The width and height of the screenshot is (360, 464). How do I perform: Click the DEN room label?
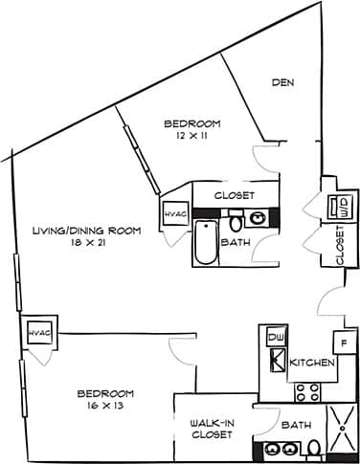(x=281, y=83)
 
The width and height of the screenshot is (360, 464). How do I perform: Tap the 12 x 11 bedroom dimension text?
(x=192, y=138)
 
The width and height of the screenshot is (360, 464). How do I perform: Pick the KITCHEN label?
(x=312, y=364)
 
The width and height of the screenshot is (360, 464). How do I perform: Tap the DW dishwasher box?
(x=275, y=339)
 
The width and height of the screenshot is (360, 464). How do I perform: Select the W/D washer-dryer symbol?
(x=340, y=206)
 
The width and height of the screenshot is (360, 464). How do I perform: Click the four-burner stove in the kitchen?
(x=305, y=390)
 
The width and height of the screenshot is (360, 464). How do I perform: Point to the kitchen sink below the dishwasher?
(x=275, y=363)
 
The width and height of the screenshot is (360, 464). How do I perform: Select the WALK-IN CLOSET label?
(x=213, y=427)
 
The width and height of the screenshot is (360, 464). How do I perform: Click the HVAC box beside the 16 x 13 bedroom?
(x=38, y=332)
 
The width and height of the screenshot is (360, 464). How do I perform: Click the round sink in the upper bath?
(x=259, y=218)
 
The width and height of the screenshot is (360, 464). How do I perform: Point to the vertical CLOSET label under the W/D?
(x=340, y=246)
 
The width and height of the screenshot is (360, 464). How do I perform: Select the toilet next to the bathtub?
(x=236, y=223)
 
